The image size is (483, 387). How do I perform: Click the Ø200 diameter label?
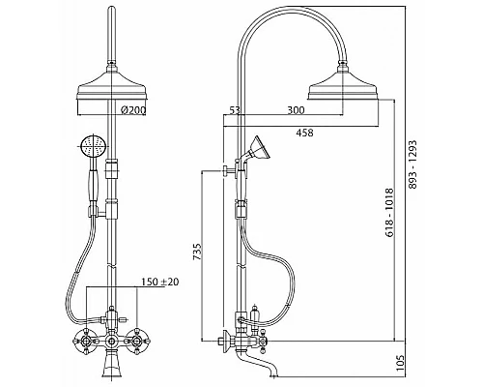coord(133,110)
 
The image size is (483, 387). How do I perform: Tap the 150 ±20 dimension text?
coord(160,282)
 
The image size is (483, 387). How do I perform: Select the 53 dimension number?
coord(235,110)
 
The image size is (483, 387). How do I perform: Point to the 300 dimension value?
coord(296,110)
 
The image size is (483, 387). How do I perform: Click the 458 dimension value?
coord(304,133)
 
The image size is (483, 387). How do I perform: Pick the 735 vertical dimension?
coord(197,252)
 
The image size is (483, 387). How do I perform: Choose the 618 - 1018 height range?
coord(389,213)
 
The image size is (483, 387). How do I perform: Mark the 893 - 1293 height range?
coord(412,164)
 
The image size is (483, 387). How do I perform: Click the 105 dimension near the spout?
coord(399,364)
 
